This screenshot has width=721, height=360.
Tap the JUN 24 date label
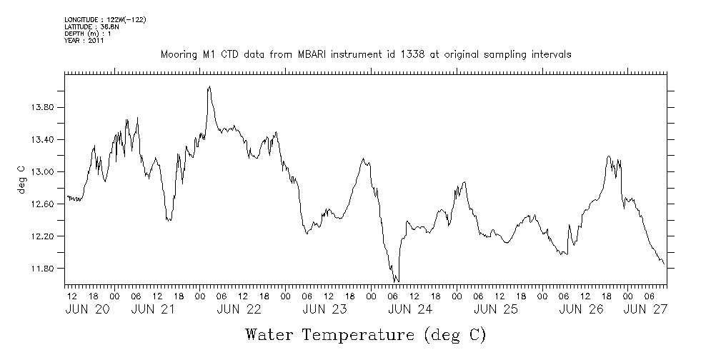pos(409,309)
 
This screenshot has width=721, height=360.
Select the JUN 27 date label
pos(644,309)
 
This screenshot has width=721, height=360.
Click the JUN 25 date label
pos(495,309)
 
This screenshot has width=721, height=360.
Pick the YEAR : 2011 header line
pos(84,41)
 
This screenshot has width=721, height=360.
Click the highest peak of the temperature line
pos(209,86)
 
